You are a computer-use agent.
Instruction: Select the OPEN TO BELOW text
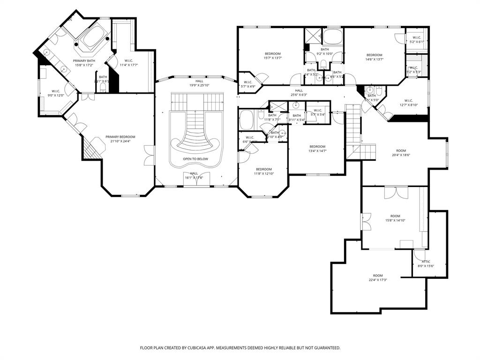195,159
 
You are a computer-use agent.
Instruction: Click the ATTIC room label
426,262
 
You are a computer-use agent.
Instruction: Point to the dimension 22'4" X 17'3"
377,280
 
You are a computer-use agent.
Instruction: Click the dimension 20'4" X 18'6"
401,155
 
